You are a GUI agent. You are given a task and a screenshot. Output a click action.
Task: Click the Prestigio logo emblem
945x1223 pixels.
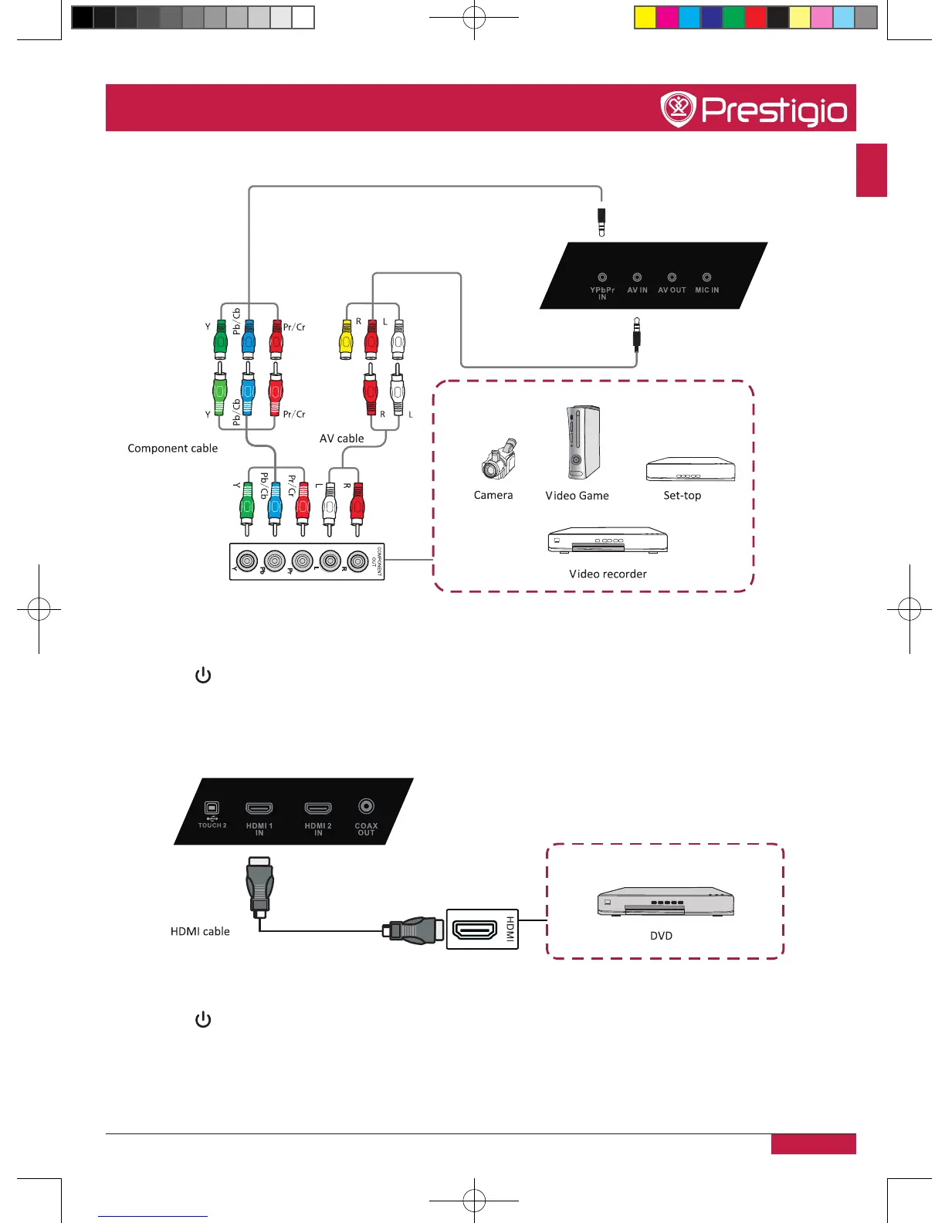point(679,110)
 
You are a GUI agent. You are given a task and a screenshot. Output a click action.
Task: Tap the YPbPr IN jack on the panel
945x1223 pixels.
point(602,277)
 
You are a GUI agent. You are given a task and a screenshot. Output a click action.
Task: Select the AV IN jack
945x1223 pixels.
point(637,277)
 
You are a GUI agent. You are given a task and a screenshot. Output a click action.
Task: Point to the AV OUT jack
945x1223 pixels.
point(672,277)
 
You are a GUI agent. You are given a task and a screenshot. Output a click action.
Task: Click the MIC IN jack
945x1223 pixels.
point(706,277)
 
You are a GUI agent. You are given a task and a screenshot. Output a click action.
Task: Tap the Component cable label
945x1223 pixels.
point(173,449)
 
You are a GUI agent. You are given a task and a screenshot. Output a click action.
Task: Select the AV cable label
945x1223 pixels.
point(342,439)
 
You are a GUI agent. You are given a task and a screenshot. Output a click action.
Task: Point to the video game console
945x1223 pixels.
point(581,442)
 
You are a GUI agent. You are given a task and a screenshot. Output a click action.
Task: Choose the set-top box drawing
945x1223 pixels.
point(690,469)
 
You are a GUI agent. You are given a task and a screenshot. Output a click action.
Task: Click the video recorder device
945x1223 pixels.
point(608,540)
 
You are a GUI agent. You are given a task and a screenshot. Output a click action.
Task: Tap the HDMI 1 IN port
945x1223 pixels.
point(259,808)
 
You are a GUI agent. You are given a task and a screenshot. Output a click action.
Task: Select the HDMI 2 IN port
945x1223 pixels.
point(318,808)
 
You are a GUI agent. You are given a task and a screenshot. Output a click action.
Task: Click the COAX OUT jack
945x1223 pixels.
point(366,806)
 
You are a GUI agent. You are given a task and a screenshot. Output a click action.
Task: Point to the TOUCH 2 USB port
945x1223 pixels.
point(212,808)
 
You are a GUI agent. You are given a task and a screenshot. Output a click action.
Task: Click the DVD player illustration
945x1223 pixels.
point(666,903)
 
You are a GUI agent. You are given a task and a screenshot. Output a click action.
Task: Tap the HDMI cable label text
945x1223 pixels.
point(200,932)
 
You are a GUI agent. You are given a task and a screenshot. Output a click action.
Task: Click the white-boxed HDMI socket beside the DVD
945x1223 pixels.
point(474,929)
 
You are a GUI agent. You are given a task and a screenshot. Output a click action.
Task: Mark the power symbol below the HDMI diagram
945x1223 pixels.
point(203,1020)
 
